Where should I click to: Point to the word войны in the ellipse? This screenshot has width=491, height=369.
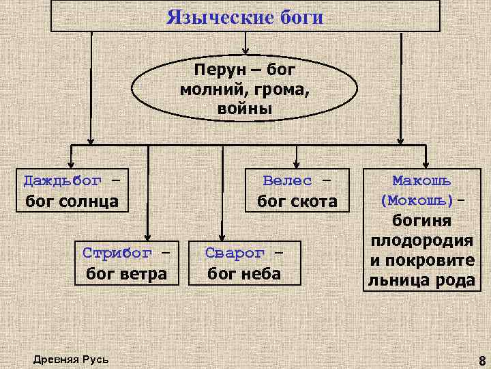point(245,109)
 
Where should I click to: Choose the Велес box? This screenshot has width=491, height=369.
point(297,191)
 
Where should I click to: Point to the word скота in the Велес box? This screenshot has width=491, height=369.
point(316,202)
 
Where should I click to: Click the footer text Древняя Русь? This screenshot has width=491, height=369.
point(70,359)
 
